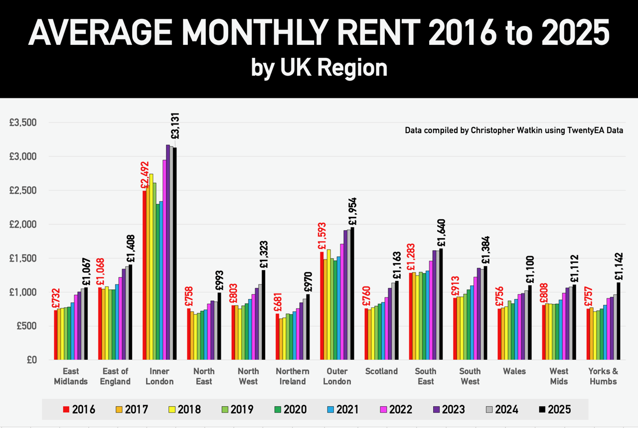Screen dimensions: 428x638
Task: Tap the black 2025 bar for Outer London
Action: point(352,293)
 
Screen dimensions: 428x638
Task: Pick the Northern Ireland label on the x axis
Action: point(293,376)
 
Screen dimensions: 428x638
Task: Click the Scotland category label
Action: point(381,371)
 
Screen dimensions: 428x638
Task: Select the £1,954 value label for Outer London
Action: point(353,211)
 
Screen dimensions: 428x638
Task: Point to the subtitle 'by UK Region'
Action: point(319,67)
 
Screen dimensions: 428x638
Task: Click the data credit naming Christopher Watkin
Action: point(514,131)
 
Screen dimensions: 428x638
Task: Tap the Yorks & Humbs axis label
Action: point(603,376)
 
